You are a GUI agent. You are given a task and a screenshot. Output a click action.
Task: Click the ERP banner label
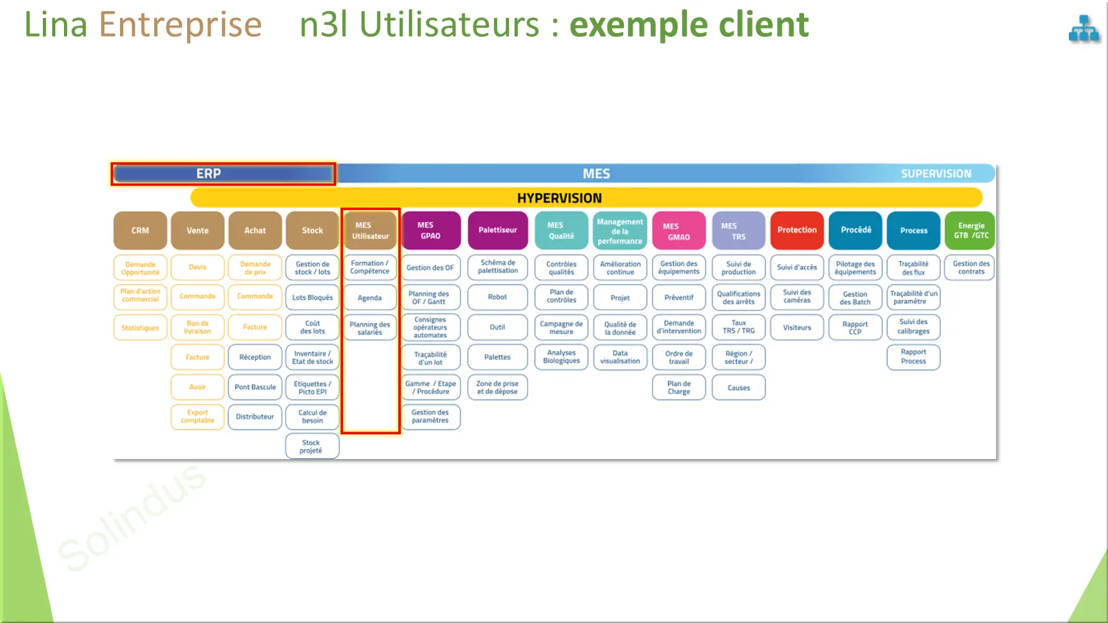(209, 174)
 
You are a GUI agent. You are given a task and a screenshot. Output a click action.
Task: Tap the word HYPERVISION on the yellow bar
(559, 198)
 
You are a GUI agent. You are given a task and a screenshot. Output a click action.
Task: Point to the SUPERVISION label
(936, 174)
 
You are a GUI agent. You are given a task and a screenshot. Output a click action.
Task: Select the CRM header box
(140, 230)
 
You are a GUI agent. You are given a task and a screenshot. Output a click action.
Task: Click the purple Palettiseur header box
(498, 230)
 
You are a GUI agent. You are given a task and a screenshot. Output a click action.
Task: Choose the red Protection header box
(797, 230)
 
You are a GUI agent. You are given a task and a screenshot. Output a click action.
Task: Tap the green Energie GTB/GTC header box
(971, 230)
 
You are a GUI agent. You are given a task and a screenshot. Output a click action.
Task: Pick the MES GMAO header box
(679, 230)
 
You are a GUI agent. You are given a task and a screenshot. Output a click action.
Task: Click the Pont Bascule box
(255, 387)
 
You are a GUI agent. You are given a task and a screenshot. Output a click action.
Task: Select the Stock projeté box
(312, 447)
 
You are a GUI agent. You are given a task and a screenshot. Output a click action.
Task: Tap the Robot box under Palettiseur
(498, 297)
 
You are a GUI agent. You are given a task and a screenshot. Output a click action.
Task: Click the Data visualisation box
(620, 357)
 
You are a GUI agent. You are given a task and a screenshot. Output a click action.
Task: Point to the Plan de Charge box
(679, 388)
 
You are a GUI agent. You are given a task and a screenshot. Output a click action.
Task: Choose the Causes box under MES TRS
(738, 388)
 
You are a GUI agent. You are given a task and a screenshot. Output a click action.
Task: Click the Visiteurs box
(797, 327)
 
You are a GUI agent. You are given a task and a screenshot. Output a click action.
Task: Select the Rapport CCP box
(855, 327)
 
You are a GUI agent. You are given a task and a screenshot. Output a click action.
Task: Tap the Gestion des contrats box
(971, 268)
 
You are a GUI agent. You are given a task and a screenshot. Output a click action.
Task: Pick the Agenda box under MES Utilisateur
(370, 298)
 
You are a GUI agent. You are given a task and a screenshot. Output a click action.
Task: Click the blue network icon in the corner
(1084, 29)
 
